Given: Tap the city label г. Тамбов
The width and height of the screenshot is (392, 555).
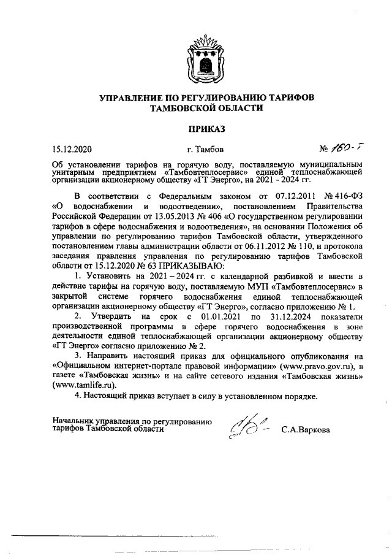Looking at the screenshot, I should point(205,148).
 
